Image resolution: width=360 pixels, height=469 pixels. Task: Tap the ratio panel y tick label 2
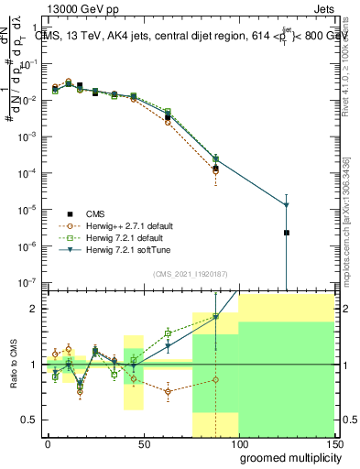pyautogui.click(x=33, y=309)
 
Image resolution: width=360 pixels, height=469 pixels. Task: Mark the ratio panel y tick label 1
pyautogui.click(x=33, y=365)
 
